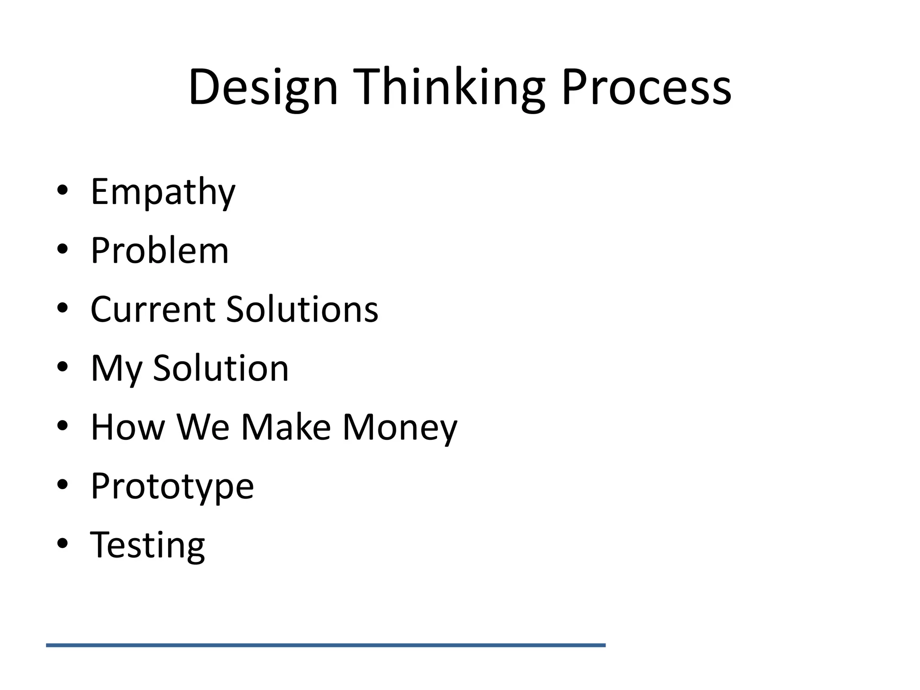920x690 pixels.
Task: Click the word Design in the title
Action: click(x=263, y=88)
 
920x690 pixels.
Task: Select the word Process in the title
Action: click(x=646, y=88)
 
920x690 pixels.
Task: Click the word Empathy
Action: click(x=163, y=192)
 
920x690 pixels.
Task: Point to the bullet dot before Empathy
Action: click(x=62, y=190)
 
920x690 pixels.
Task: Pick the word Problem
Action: click(x=159, y=250)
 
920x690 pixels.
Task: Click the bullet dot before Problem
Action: click(x=62, y=249)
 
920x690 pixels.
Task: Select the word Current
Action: click(x=153, y=310)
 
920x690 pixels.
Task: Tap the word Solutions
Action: click(x=302, y=310)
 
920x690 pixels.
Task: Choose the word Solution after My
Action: click(x=221, y=368)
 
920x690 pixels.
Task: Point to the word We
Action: click(x=203, y=427)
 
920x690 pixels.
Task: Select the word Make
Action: click(x=286, y=427)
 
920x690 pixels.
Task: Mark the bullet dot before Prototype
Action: click(x=62, y=484)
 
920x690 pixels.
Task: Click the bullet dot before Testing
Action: click(x=62, y=543)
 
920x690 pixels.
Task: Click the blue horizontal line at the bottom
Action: click(x=326, y=645)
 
